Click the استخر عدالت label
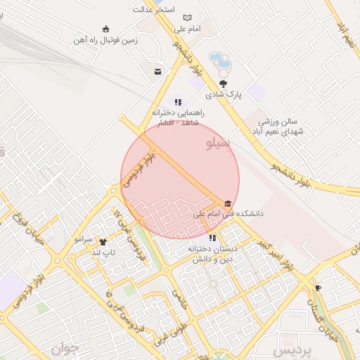153,11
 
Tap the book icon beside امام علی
187,18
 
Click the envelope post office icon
157,71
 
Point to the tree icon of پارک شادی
224,84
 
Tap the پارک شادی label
223,94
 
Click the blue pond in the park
220,61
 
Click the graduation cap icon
227,203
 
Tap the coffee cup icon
318,288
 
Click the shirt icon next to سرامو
103,241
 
